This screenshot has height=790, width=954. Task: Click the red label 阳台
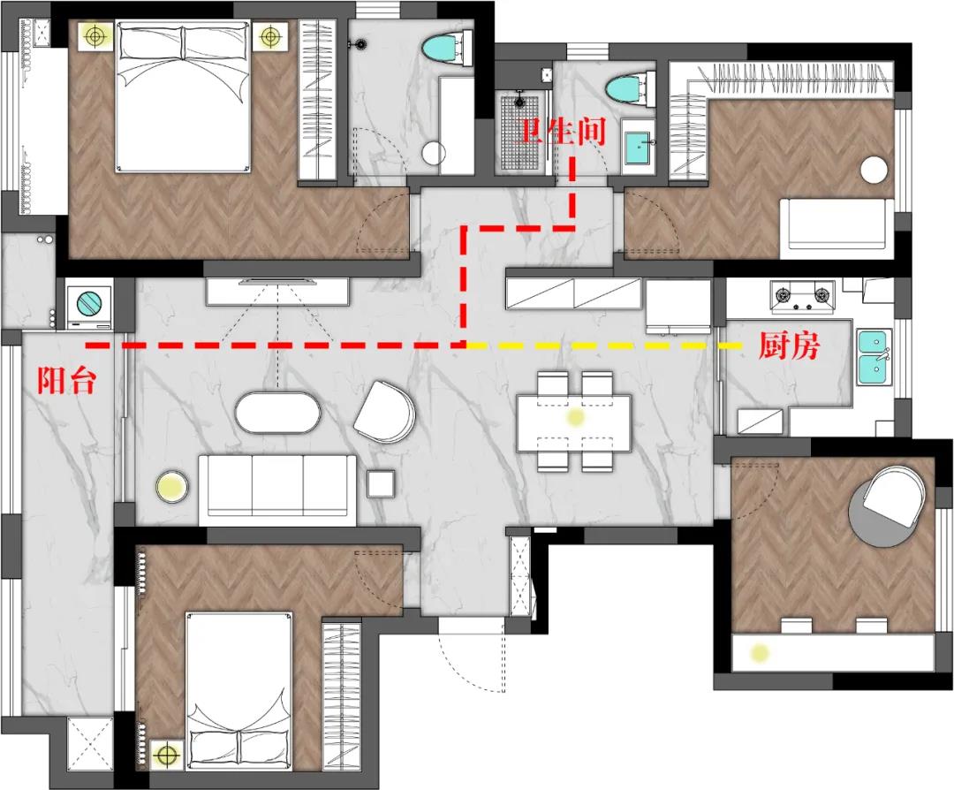pos(66,381)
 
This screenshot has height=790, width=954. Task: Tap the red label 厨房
pos(789,346)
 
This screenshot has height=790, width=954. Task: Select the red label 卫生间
pos(562,132)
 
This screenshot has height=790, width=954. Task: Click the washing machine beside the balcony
pos(89,303)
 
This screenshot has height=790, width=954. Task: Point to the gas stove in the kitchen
pos(802,296)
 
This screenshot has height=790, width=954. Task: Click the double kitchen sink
pos(874,357)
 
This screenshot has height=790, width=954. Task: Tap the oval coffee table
pos(277,413)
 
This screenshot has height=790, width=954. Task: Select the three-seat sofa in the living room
pos(277,490)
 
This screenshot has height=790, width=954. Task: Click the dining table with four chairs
pos(574,422)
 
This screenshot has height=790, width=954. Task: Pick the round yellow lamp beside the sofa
pos(172,486)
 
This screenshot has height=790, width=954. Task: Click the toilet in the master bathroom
pos(448,49)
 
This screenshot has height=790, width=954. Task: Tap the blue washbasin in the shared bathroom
pos(638,148)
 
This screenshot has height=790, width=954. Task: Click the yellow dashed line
pos(604,346)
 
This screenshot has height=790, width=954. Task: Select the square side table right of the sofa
pos(381,484)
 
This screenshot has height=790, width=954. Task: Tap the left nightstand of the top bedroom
pos(95,36)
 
